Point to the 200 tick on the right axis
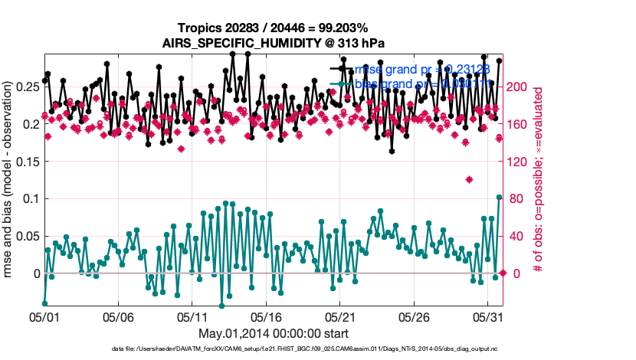[519, 87]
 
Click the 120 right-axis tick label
[519, 162]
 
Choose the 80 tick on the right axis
[516, 199]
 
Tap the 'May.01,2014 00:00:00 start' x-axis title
[274, 334]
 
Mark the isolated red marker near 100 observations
[469, 180]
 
